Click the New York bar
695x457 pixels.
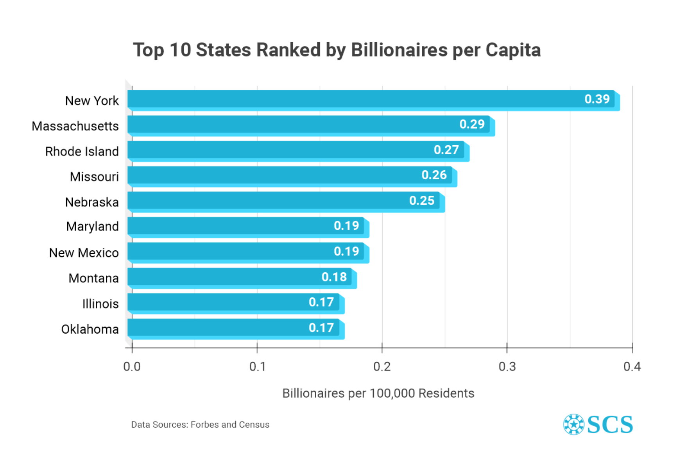pyautogui.click(x=371, y=100)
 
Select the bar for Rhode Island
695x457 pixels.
pyautogui.click(x=297, y=150)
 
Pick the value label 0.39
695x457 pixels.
pyautogui.click(x=597, y=99)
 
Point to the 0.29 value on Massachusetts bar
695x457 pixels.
pyautogui.click(x=472, y=124)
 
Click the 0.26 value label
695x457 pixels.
pyautogui.click(x=434, y=175)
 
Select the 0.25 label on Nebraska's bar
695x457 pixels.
pyautogui.click(x=422, y=200)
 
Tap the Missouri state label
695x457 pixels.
pyautogui.click(x=94, y=177)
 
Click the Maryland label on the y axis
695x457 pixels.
pyautogui.click(x=92, y=227)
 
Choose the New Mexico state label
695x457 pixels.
pyautogui.click(x=84, y=253)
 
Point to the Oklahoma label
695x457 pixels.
pyautogui.click(x=90, y=329)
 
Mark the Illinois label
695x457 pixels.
pyautogui.click(x=100, y=304)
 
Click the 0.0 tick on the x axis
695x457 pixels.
pyautogui.click(x=132, y=367)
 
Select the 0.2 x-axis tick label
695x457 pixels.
pyautogui.click(x=382, y=367)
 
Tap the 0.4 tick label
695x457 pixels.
pyautogui.click(x=632, y=367)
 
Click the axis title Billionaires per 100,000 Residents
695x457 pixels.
pyautogui.click(x=378, y=393)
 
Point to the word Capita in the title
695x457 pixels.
pyautogui.click(x=513, y=50)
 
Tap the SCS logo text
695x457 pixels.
pyautogui.click(x=610, y=425)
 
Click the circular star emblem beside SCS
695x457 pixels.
pyautogui.click(x=573, y=425)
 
